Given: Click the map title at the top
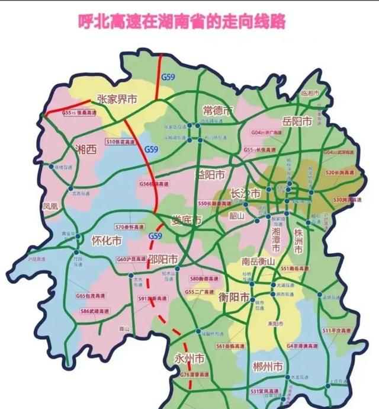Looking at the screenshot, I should [x=182, y=23].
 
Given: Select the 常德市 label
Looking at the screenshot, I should [x=219, y=111].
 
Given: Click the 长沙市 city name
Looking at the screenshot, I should [x=246, y=194].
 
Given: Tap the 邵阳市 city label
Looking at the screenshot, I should [x=166, y=258].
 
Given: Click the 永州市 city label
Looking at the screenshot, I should [x=189, y=359].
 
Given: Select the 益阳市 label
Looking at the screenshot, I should [x=210, y=175].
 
